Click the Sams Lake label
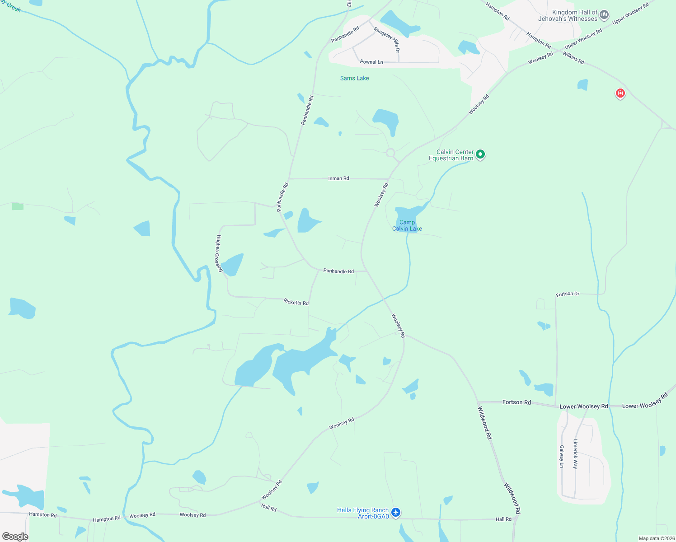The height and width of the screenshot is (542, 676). point(354,78)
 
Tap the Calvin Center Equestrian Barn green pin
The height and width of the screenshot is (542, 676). point(480,154)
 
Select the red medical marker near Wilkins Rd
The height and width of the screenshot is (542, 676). point(620,93)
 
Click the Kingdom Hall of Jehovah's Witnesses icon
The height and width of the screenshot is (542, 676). point(604,15)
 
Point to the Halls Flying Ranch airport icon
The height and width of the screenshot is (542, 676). point(396,512)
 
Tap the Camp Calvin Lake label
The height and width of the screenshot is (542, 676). point(407,225)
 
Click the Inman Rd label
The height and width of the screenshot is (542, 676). point(338,178)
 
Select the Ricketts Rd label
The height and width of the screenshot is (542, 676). point(296,302)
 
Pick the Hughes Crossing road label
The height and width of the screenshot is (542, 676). point(219,253)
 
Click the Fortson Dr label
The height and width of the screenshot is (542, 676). point(568,294)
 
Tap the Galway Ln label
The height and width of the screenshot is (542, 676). point(562,456)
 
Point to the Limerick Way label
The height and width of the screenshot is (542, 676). point(575,454)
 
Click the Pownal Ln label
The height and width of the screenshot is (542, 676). point(371,62)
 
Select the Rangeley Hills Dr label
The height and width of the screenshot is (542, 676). point(387,37)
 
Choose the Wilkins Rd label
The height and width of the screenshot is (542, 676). point(573,58)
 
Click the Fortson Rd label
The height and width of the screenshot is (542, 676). point(516,402)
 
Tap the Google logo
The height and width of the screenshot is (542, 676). point(15,537)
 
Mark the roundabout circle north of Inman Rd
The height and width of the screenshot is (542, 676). point(391,153)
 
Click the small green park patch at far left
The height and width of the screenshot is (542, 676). point(18,206)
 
